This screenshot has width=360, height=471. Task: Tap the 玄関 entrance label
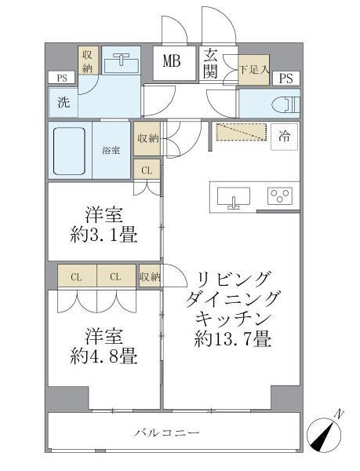212,63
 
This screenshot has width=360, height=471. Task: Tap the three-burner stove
279,195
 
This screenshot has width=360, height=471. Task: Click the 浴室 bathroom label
111,150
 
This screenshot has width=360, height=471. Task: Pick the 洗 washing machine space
62,100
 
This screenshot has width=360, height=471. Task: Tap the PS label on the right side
286,77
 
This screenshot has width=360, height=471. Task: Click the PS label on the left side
60,77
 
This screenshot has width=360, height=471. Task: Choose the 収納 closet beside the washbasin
87,61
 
